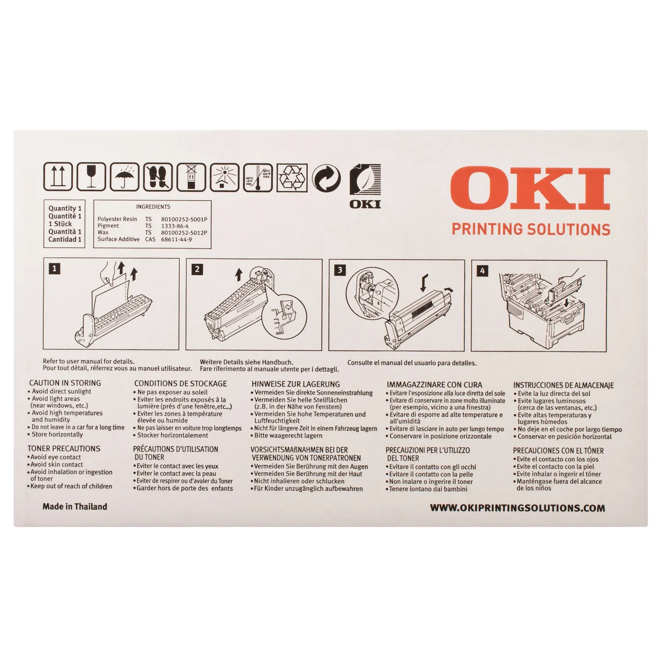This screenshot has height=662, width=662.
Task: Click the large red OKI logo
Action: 530,188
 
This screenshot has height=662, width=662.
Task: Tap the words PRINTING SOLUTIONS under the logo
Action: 531,229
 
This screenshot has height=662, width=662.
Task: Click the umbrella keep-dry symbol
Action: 124,177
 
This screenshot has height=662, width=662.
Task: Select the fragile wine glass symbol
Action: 91,177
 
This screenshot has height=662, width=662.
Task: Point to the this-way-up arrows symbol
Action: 58,177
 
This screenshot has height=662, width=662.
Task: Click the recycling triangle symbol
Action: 291,178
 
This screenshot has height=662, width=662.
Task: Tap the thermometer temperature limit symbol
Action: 258,177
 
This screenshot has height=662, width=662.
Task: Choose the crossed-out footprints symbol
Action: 158,177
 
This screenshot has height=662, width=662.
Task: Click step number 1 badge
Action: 54,268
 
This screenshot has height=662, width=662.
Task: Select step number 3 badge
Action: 340,270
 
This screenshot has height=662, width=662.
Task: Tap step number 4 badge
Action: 482,271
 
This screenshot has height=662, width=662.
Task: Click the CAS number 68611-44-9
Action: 177,240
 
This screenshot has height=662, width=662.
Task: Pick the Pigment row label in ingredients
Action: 108,226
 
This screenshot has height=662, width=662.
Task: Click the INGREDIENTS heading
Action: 153,207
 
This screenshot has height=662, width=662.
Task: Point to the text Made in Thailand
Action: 75,507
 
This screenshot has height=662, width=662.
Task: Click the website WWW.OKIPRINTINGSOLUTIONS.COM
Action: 518,508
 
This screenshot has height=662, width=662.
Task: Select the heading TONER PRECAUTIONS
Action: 64,449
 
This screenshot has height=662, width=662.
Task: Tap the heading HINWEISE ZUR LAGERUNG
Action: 296,384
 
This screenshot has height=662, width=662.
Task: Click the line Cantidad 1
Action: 65,240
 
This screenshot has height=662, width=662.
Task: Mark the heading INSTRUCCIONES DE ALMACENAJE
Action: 563,385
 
